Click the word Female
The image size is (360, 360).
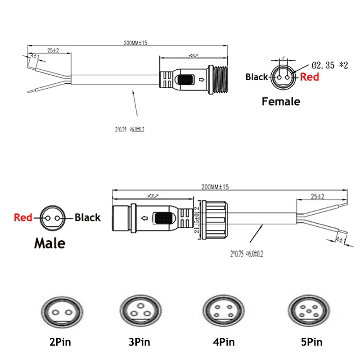tap(281, 102)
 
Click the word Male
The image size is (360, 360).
tap(49, 243)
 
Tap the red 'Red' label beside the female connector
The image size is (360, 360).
tap(310, 77)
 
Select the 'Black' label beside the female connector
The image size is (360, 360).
tap(256, 77)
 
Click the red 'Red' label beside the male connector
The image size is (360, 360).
tap(23, 218)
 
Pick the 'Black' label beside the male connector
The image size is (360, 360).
tap(87, 218)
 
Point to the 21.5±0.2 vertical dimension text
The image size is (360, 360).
tap(197, 219)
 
